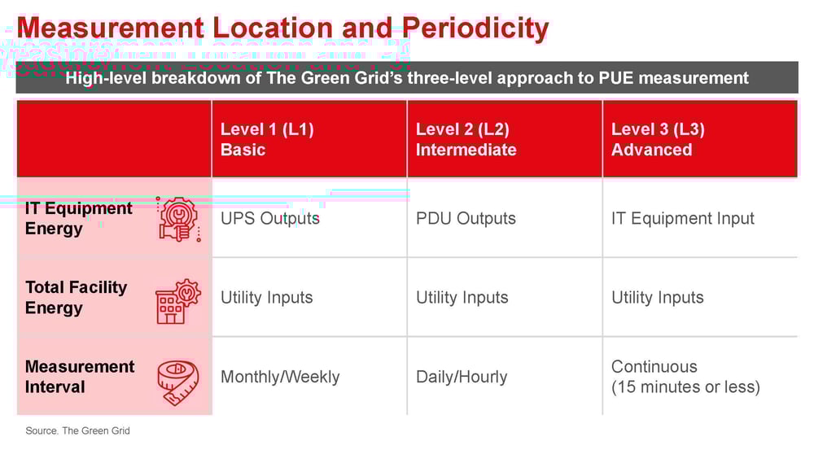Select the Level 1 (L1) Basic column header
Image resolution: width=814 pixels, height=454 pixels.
pos(267,139)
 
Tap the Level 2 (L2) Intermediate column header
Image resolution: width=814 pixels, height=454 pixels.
pos(466,139)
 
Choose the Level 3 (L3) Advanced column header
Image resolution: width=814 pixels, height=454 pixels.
pos(658,139)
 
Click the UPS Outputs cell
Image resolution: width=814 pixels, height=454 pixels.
pos(270,218)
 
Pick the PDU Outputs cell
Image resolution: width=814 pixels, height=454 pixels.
pos(466,218)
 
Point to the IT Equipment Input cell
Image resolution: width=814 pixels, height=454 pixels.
pos(683,218)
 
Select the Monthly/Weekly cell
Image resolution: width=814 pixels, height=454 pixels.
pos(280,377)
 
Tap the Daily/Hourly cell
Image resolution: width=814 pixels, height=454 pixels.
pos(462,377)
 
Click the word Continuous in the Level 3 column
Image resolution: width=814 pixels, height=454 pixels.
pos(654,366)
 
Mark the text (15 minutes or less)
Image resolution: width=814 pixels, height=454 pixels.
pos(685,386)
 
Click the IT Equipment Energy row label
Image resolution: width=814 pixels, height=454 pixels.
pos(78,218)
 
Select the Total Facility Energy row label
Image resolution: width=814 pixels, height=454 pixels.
pos(76,297)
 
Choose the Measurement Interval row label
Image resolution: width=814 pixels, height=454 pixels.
pos(80,376)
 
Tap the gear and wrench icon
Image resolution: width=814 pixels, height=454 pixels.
pos(178,219)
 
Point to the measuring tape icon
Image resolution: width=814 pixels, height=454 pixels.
pos(178,382)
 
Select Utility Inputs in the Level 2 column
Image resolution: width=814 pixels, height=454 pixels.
pos(462,298)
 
